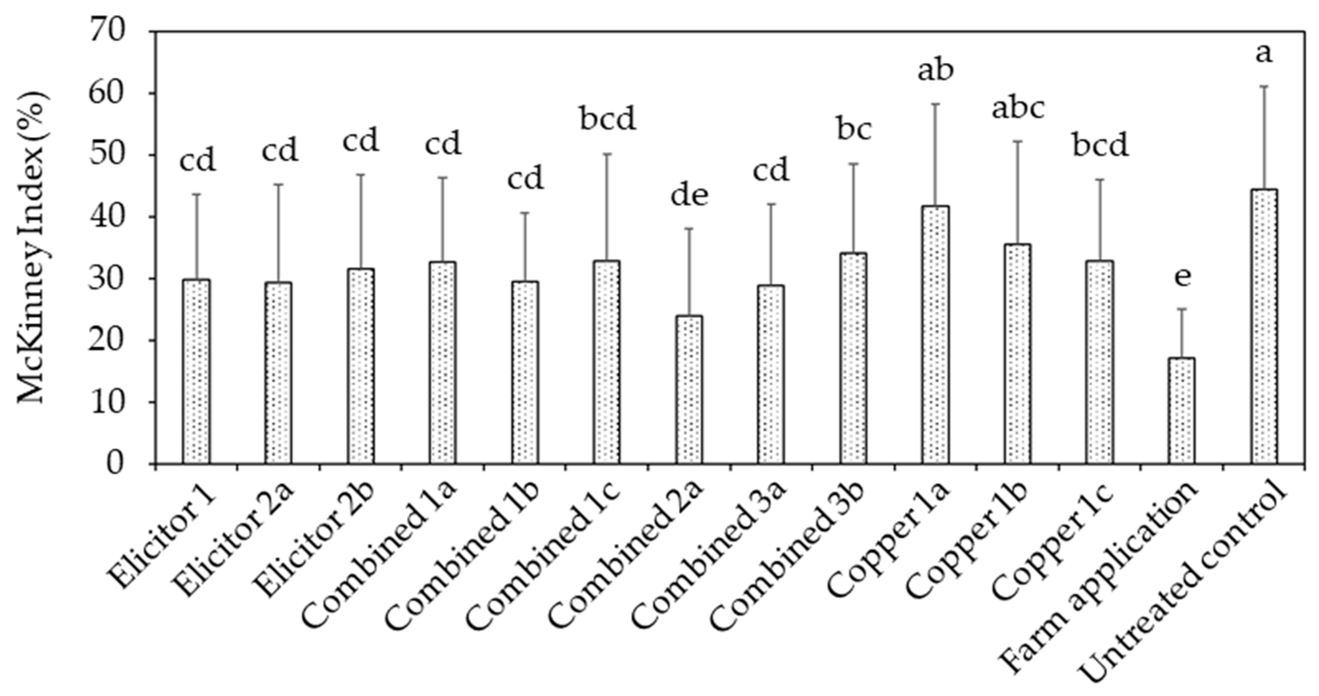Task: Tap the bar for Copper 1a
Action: [x=935, y=335]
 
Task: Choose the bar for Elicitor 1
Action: [x=196, y=371]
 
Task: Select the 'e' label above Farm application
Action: [x=1182, y=277]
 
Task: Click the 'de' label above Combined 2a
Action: [x=689, y=196]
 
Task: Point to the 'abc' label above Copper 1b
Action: [x=1018, y=109]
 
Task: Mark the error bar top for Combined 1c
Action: [x=607, y=154]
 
